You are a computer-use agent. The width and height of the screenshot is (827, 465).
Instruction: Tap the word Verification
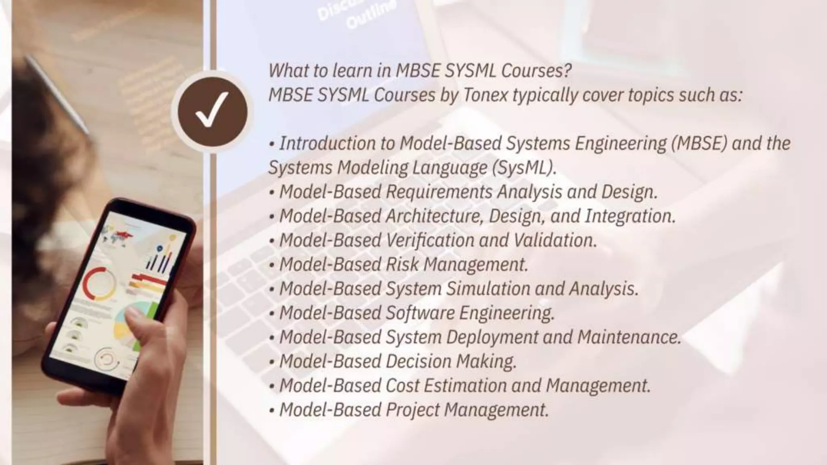430,240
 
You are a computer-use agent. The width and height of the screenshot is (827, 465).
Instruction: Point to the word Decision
418,361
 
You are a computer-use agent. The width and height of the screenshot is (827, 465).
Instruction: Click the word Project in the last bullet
412,410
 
